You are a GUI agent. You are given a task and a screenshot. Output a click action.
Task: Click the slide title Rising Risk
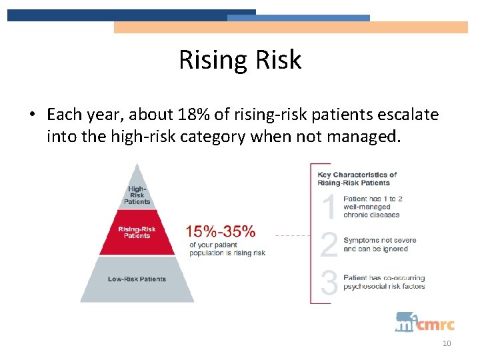pos(240,60)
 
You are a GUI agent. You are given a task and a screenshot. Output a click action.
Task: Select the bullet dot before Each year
pos(31,115)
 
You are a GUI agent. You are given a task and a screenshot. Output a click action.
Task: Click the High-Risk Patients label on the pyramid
pos(137,194)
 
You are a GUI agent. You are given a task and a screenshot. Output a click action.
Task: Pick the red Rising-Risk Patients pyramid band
pos(137,233)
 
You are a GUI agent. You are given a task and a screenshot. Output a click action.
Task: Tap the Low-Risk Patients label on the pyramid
pos(137,279)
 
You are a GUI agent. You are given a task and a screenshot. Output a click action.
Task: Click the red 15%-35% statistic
pos(220,231)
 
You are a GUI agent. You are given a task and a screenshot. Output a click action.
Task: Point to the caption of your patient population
pos(227,249)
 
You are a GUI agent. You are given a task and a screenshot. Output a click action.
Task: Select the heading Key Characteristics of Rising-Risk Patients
pos(357,179)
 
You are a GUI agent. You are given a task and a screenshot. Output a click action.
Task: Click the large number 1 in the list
pos(329,207)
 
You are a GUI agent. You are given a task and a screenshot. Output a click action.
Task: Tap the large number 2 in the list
pos(329,245)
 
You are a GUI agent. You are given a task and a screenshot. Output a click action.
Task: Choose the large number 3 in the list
pos(329,282)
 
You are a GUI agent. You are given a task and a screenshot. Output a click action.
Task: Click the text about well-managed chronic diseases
pos(373,207)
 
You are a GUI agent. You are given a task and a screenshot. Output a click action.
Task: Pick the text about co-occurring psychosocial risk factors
pos(383,282)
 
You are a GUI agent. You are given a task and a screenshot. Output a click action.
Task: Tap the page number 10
pos(447,343)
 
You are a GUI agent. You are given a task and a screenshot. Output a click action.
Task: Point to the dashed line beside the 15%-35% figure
pos(292,235)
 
